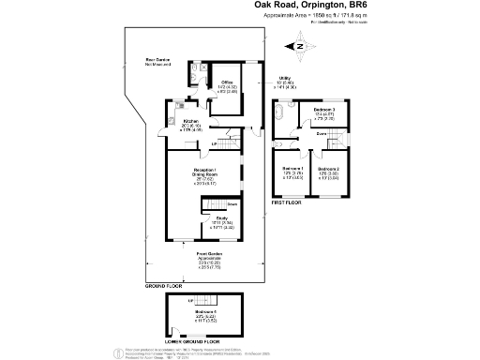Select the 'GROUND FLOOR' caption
coord(164,285)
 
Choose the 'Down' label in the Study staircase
coord(231,203)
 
